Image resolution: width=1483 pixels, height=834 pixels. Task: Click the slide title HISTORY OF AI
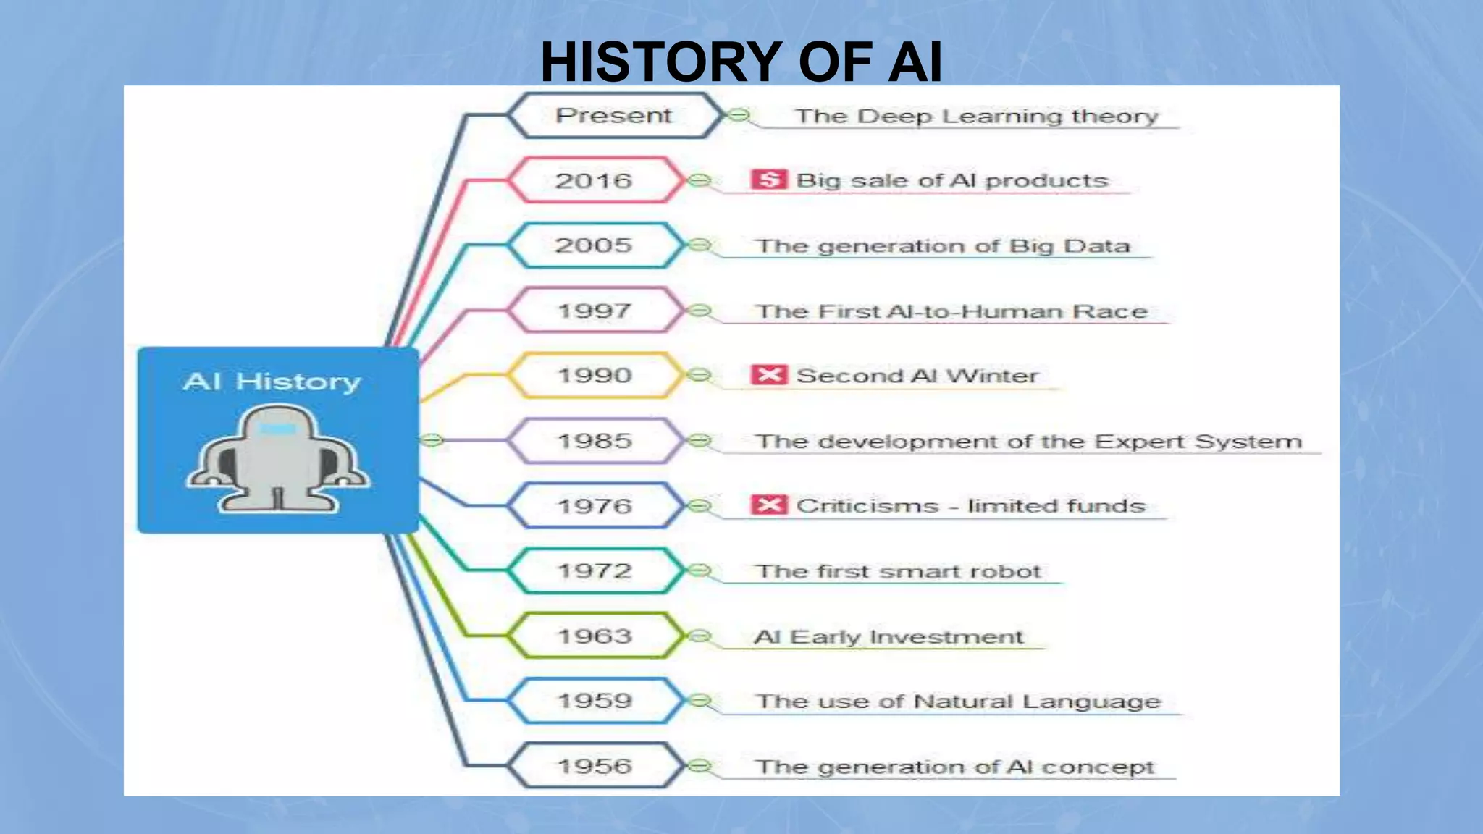coord(741,62)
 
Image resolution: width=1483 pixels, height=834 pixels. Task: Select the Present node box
coord(614,116)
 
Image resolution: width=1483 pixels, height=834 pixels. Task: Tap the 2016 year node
coord(595,180)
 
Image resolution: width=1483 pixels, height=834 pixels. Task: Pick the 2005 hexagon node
coord(595,245)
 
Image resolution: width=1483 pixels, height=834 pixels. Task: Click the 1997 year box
coord(595,311)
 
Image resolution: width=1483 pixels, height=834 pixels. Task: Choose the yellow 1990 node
coord(595,375)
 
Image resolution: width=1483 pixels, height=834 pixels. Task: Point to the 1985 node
coord(595,440)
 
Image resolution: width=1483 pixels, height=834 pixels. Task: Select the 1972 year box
coord(595,570)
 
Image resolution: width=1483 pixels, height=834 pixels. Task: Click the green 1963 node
coord(595,636)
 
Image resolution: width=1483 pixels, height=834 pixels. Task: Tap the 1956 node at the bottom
coord(595,765)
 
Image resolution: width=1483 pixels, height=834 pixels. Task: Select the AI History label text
coord(272,382)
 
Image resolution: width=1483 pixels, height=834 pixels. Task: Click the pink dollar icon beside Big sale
coord(768,180)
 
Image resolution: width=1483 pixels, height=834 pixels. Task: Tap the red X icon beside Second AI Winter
coord(768,375)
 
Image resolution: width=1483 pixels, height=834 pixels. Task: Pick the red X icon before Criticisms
coord(768,505)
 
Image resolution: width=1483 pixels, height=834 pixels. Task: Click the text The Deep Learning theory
coord(976,117)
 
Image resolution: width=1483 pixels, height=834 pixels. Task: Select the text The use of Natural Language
coord(957,701)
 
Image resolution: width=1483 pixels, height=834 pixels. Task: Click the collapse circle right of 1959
coord(699,700)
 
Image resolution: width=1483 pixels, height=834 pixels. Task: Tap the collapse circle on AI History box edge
coord(431,439)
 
